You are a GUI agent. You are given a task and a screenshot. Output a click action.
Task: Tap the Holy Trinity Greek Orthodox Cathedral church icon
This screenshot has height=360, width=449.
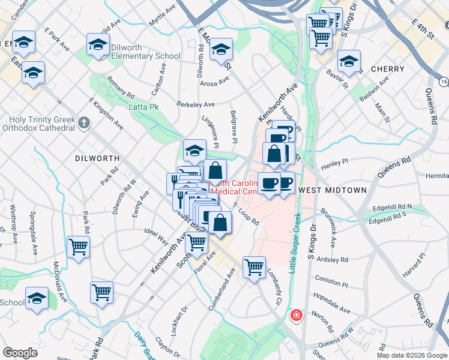pyautogui.click(x=84, y=123)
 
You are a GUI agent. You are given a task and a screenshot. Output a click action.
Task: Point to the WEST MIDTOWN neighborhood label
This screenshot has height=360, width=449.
pyautogui.click(x=332, y=190)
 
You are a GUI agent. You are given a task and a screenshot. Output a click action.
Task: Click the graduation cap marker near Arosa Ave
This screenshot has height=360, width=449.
pyautogui.click(x=221, y=50)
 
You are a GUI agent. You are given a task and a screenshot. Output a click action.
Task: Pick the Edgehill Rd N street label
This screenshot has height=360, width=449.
pyautogui.click(x=391, y=206)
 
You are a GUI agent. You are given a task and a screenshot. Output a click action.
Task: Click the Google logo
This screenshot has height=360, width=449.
pyautogui.click(x=20, y=353)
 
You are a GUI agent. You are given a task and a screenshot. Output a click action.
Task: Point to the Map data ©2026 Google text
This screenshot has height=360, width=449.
pyautogui.click(x=411, y=355)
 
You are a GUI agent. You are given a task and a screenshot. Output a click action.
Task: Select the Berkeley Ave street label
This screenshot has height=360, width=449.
pyautogui.click(x=195, y=104)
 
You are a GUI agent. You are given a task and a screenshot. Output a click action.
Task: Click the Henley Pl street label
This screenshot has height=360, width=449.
pyautogui.click(x=335, y=163)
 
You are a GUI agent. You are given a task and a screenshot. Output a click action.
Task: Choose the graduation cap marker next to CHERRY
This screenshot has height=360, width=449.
pyautogui.click(x=349, y=61)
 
